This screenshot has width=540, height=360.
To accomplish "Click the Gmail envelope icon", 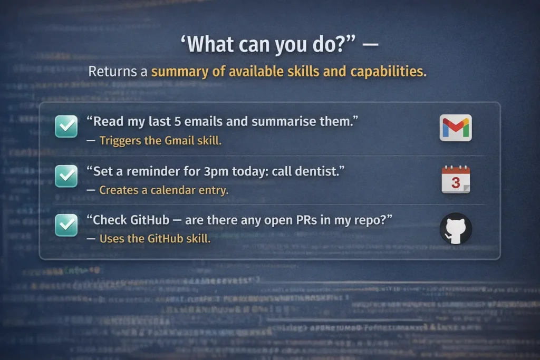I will (456, 128).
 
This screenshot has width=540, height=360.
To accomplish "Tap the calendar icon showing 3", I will (456, 180).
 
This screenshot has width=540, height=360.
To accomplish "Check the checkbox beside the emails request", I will (66, 127).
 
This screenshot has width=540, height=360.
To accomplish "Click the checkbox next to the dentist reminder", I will (66, 176).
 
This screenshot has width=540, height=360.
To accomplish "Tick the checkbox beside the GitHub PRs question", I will (66, 225).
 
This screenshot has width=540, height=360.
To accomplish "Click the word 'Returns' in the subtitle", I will (109, 71).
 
